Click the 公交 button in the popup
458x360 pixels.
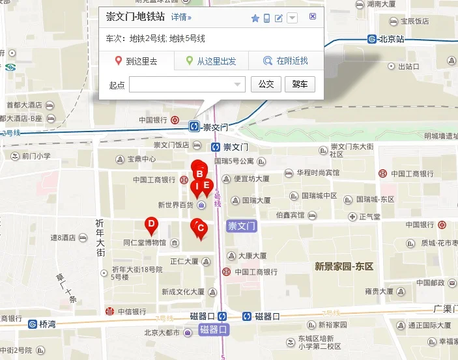266,85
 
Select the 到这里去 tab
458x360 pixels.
137,62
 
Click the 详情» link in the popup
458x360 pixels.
181,18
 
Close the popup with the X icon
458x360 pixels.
313,17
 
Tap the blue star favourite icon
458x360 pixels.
255,18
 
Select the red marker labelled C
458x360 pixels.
201,228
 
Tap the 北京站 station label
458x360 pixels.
391,39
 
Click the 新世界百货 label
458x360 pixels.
176,205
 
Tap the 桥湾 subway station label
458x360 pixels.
48,324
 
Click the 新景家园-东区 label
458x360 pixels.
343,266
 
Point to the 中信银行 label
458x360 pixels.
132,312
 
